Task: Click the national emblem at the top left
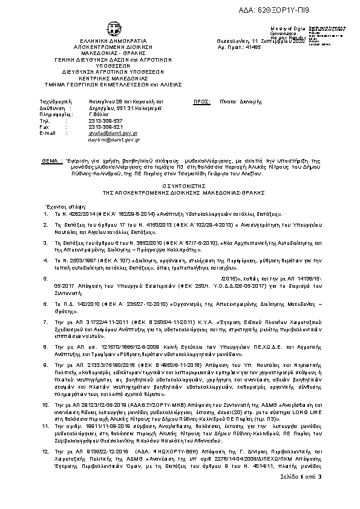point(113,28)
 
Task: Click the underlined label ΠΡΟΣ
point(200,103)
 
